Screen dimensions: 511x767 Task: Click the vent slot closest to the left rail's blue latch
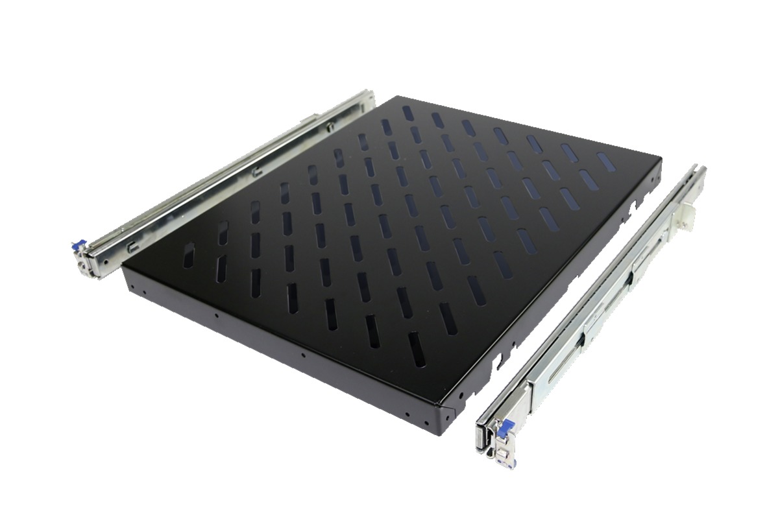coord(188,255)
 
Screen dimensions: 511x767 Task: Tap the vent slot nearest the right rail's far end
coord(605,162)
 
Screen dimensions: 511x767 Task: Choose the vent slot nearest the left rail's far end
coord(408,112)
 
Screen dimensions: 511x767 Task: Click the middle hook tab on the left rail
coord(257,172)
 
